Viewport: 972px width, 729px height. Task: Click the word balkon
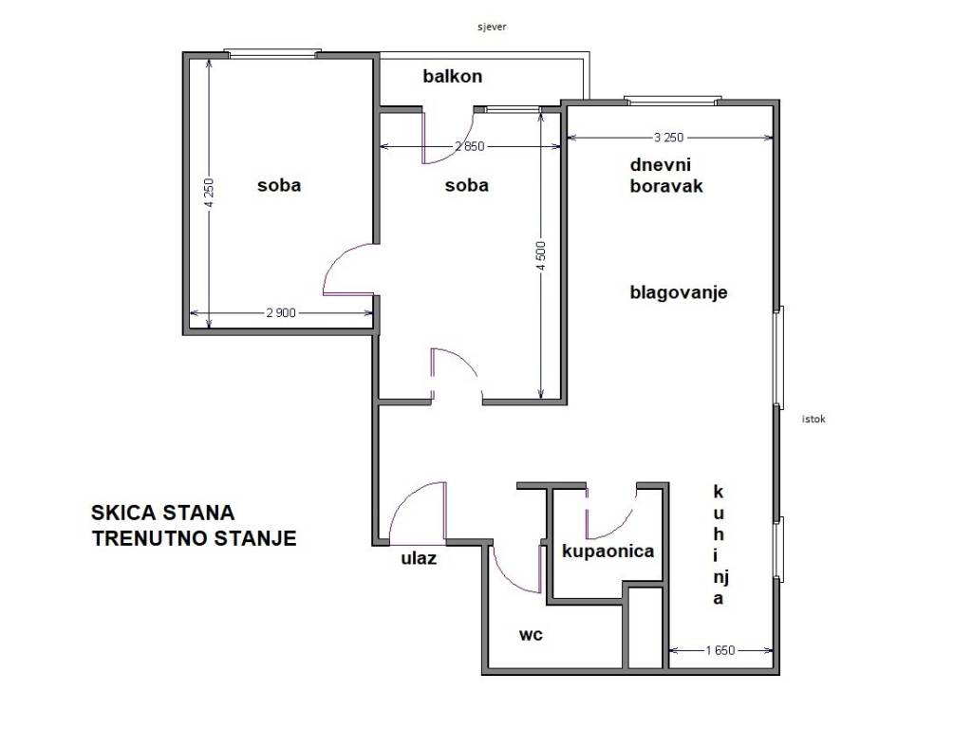click(x=453, y=76)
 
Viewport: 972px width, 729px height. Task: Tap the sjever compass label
click(x=492, y=27)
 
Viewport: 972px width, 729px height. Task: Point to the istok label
click(x=813, y=418)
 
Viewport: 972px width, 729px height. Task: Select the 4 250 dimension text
click(x=209, y=194)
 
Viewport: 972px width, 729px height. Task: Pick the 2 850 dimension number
click(x=469, y=146)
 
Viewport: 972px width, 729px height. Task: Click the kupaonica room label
click(x=607, y=551)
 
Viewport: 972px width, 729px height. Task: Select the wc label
click(x=531, y=634)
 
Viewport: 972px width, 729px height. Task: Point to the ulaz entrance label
click(x=419, y=558)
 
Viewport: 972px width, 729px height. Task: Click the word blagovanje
click(x=679, y=292)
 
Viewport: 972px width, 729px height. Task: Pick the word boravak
click(x=666, y=186)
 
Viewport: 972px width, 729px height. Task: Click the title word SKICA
click(x=125, y=514)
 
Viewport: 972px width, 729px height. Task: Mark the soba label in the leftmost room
click(x=279, y=185)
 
